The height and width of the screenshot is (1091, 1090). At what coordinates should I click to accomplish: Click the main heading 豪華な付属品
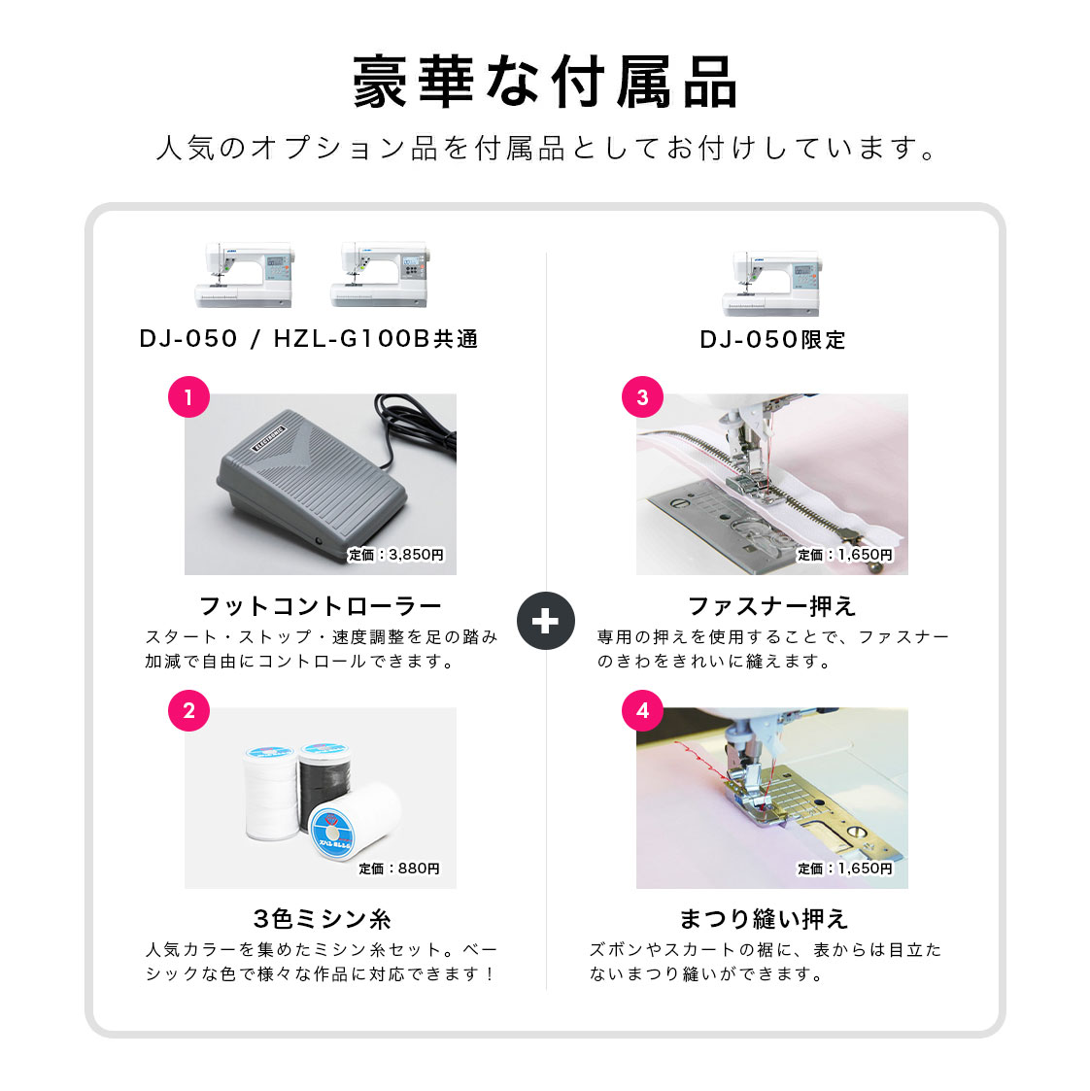tap(545, 83)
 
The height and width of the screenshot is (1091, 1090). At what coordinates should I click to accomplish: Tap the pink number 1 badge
tap(188, 397)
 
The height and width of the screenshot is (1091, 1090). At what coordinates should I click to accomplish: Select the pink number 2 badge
tap(188, 710)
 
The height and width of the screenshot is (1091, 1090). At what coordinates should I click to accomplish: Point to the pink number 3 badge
tap(642, 397)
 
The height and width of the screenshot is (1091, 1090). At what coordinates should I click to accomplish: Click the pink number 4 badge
tap(642, 710)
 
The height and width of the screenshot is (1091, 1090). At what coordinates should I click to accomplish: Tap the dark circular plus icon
tap(545, 621)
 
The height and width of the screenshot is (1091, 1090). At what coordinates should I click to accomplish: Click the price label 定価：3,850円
tap(395, 555)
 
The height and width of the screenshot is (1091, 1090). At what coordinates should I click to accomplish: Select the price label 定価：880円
tap(399, 869)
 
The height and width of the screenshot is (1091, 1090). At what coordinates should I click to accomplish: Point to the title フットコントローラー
tap(321, 606)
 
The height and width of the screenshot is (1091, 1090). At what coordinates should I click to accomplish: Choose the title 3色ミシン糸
tap(323, 919)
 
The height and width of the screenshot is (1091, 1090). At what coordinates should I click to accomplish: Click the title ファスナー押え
tap(772, 606)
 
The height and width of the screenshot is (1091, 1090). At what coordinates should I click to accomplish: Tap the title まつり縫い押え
tap(764, 919)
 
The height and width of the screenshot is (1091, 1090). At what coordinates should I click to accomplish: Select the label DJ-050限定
tap(772, 340)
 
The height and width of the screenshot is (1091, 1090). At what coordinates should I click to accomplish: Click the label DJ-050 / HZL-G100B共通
tap(309, 339)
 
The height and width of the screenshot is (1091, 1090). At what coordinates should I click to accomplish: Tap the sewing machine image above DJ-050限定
tap(772, 283)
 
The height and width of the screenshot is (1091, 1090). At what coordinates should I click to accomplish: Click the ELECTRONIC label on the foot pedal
tap(268, 438)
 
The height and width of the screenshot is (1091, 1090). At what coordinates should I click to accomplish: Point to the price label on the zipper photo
tap(845, 555)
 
